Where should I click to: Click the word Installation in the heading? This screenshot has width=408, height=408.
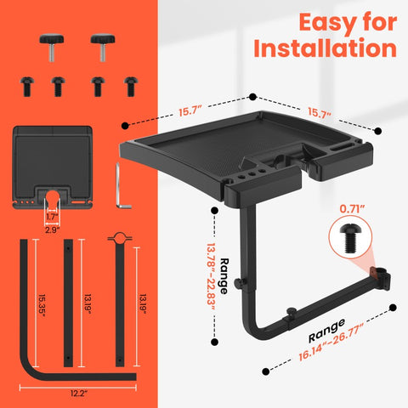(x=325, y=48)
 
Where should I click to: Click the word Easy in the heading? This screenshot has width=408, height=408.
(x=323, y=23)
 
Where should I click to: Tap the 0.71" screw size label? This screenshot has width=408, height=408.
(x=352, y=209)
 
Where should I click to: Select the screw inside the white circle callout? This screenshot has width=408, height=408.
(x=350, y=238)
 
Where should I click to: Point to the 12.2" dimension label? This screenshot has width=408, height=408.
(x=79, y=394)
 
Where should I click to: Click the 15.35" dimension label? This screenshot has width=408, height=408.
(x=42, y=305)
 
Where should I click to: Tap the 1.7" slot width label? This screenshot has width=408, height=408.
(x=52, y=217)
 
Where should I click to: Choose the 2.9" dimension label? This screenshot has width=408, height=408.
(x=53, y=229)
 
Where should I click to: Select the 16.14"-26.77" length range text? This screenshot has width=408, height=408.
(x=331, y=343)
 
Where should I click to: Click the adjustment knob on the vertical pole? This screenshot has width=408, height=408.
(x=239, y=282)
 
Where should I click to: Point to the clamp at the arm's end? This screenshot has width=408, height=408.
(x=383, y=279)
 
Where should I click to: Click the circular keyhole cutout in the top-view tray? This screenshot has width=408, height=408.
(x=52, y=195)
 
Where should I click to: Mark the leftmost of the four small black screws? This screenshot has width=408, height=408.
(x=27, y=86)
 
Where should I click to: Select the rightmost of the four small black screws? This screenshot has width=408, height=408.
(x=131, y=86)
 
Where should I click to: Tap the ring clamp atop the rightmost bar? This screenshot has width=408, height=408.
(x=120, y=238)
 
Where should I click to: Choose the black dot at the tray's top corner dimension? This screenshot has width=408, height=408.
(x=252, y=97)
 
